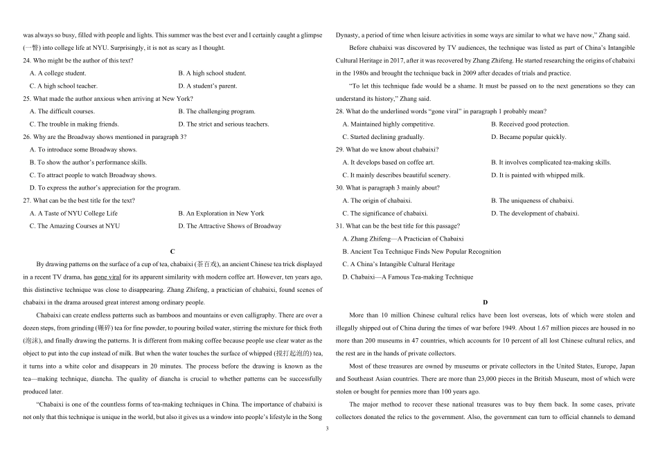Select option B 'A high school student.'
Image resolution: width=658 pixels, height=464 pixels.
[212, 73]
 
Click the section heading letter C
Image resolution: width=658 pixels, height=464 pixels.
[172, 251]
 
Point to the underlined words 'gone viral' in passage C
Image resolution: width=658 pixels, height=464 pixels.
[108, 277]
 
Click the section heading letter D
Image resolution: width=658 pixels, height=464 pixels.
[485, 302]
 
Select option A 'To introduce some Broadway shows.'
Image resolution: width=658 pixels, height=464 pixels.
[83, 150]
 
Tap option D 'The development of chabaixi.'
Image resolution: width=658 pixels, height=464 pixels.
[534, 214]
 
